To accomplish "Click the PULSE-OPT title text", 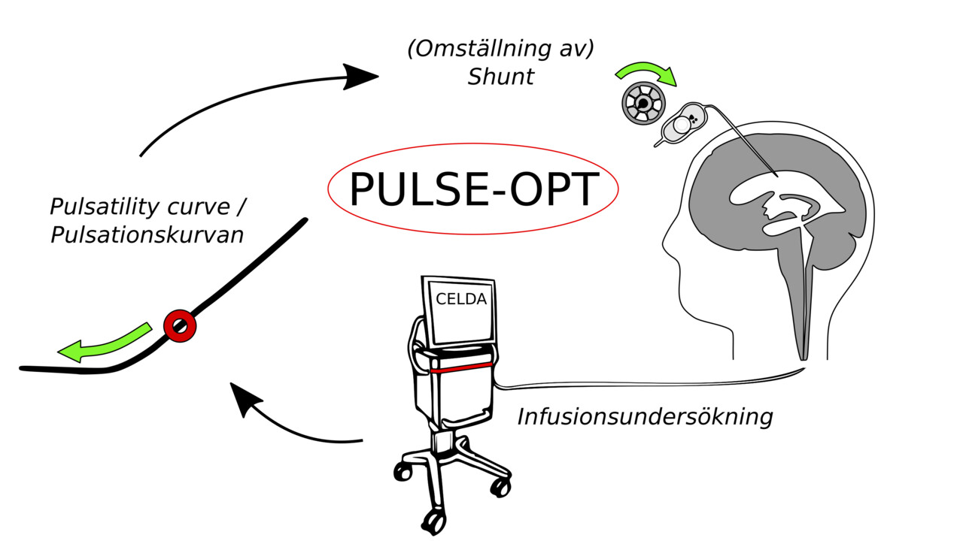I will (x=473, y=189).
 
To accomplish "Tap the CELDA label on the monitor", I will (x=461, y=299).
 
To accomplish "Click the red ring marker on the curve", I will (x=180, y=326).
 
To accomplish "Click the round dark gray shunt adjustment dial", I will (x=642, y=104).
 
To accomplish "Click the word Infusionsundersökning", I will (x=645, y=416).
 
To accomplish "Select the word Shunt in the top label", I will (x=500, y=77).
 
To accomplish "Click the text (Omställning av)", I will (x=500, y=50).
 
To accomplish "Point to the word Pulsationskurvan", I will (x=147, y=235).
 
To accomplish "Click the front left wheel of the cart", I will (x=403, y=472).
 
